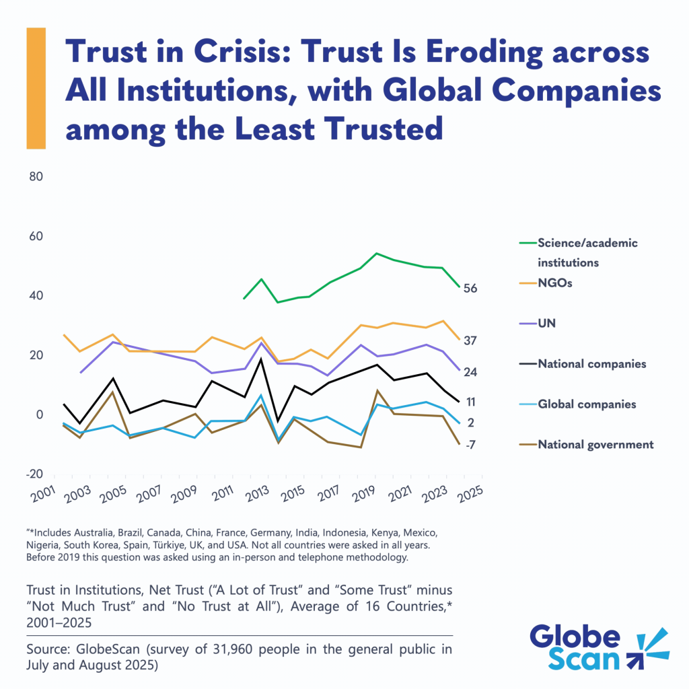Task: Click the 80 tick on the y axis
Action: pos(35,178)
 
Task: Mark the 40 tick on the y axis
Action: pos(35,296)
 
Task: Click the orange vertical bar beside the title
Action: pos(36,88)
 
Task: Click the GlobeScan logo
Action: pos(598,649)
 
